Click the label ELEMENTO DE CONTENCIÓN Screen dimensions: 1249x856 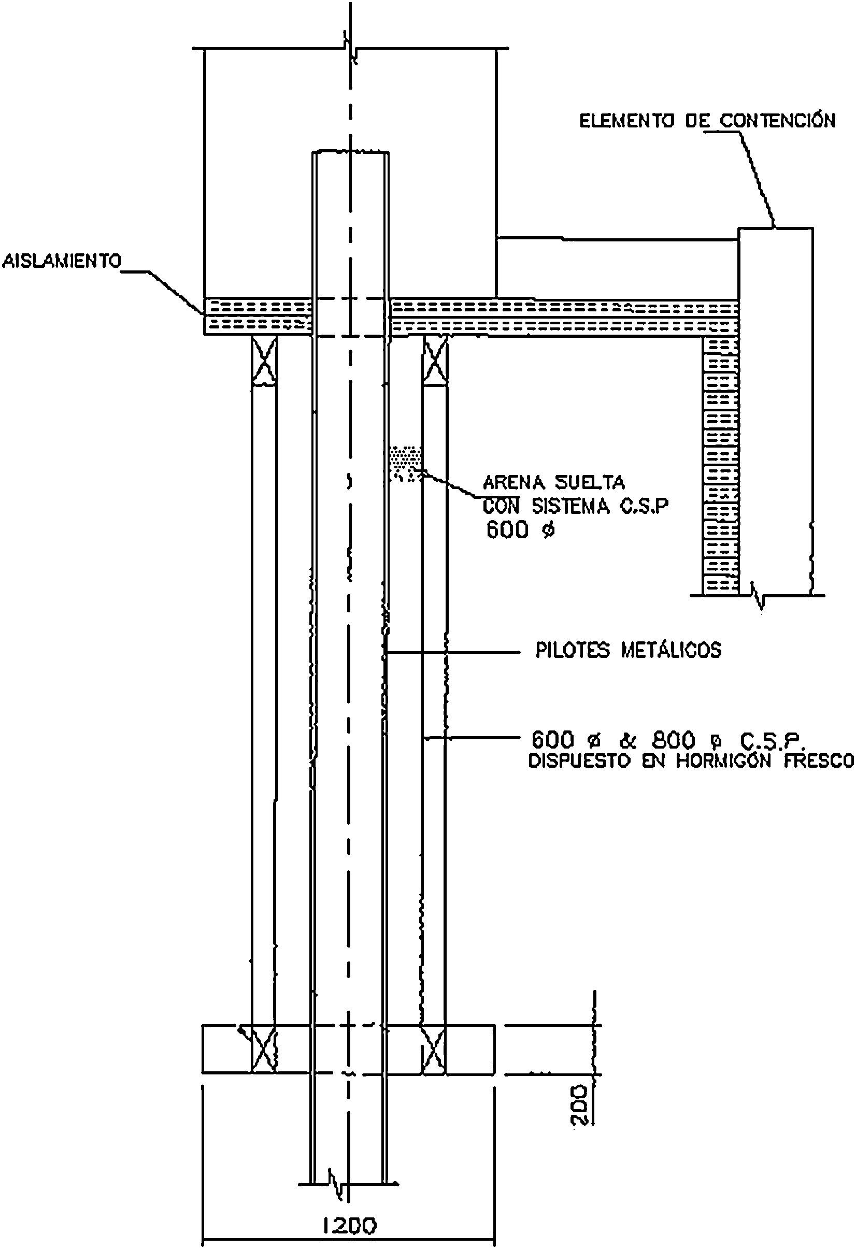click(x=707, y=120)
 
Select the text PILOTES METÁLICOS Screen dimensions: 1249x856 click(x=628, y=650)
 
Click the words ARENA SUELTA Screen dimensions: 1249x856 click(x=554, y=482)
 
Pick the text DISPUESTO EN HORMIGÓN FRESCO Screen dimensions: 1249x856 click(x=691, y=762)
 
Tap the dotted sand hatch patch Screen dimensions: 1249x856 click(x=405, y=462)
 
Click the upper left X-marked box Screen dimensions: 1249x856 click(x=265, y=360)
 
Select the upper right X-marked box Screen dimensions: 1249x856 click(x=435, y=360)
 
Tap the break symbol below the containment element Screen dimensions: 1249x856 click(x=759, y=595)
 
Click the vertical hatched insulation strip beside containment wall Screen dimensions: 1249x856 click(x=721, y=465)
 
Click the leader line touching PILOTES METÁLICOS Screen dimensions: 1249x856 click(x=452, y=652)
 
